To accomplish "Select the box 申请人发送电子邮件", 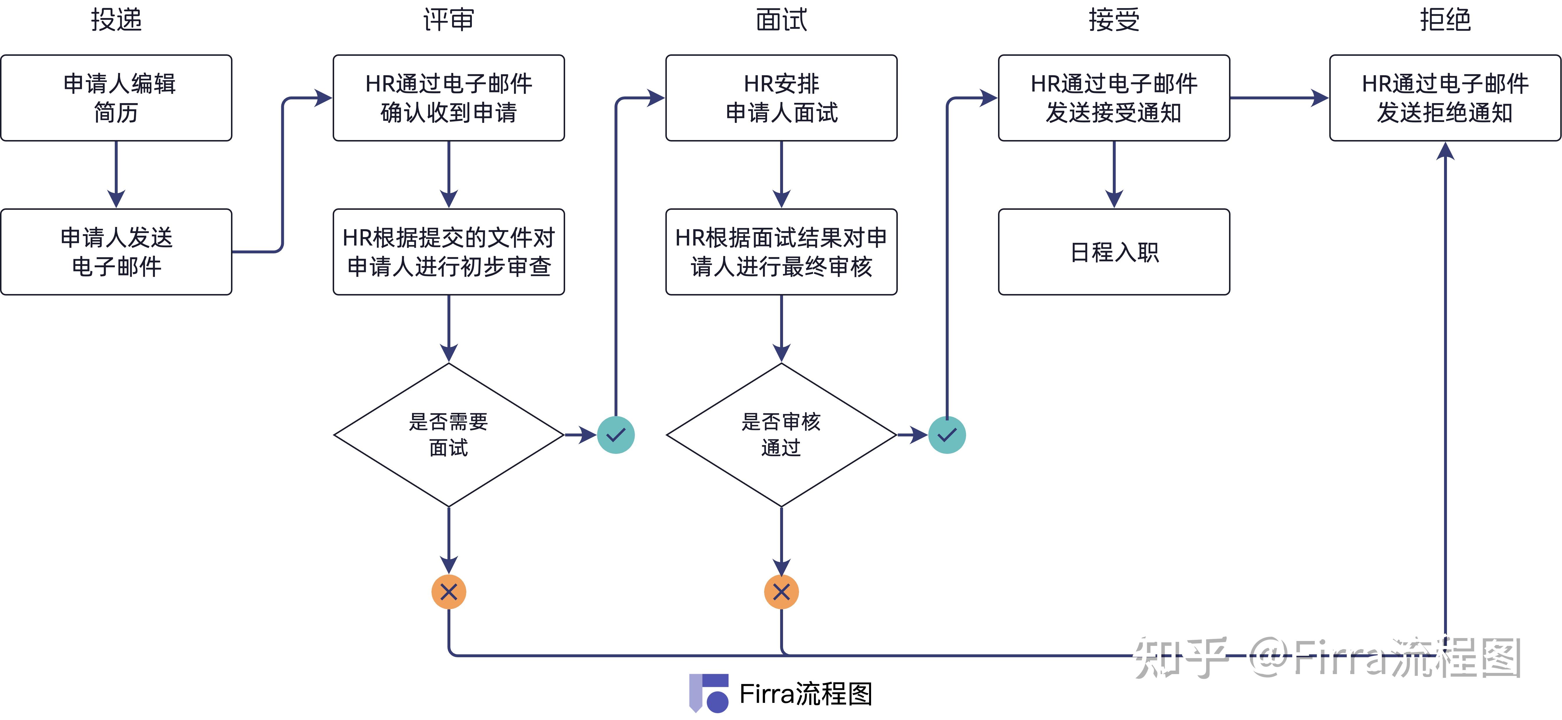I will (117, 252).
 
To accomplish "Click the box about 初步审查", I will (449, 252).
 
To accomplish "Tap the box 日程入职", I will (1114, 252).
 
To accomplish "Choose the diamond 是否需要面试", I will (449, 435).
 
